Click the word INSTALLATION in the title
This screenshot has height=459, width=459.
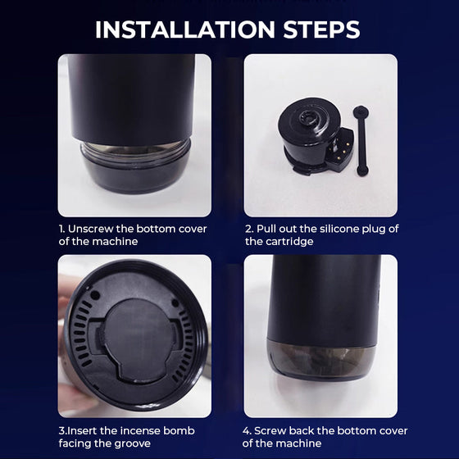(x=185, y=30)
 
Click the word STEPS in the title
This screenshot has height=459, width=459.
(x=321, y=30)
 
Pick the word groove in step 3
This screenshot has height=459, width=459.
(x=132, y=443)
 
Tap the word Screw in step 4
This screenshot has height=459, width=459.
(x=270, y=431)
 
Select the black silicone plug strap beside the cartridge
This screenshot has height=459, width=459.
(x=361, y=141)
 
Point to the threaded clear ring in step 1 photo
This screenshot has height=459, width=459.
(x=135, y=152)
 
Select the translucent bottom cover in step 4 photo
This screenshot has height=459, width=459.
(x=321, y=360)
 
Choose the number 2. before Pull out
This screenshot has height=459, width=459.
(x=249, y=229)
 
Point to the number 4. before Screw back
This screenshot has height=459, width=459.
(x=247, y=431)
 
